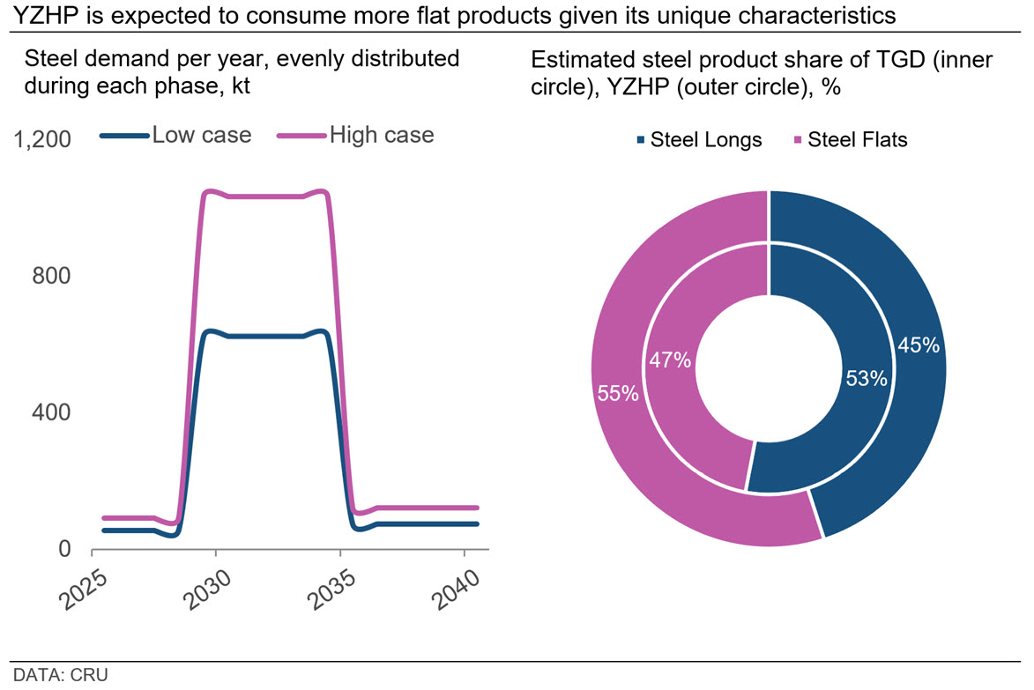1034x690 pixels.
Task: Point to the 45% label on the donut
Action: pyautogui.click(x=919, y=345)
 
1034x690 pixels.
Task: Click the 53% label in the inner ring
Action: pyautogui.click(x=867, y=379)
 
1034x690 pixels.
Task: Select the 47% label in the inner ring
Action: pyautogui.click(x=670, y=361)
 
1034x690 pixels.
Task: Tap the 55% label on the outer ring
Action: pyautogui.click(x=618, y=394)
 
